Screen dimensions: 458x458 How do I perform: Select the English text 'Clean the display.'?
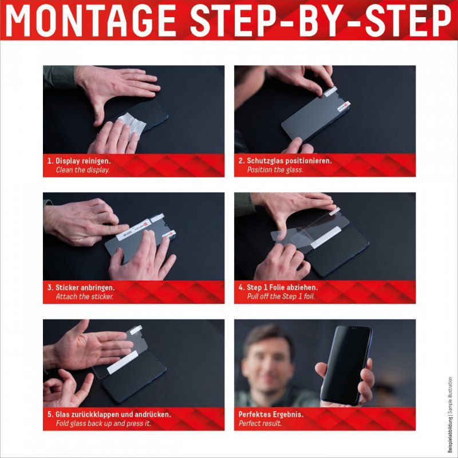click(x=82, y=170)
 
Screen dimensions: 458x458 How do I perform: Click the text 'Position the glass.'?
click(x=275, y=170)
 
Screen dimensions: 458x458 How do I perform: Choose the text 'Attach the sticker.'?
click(x=84, y=297)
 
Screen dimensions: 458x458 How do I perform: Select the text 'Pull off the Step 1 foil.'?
click(x=281, y=297)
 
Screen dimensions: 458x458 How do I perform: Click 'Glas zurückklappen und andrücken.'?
click(x=109, y=414)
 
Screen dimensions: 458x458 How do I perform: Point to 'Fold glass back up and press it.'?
click(x=103, y=424)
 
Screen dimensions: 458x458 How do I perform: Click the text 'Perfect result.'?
click(x=261, y=424)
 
